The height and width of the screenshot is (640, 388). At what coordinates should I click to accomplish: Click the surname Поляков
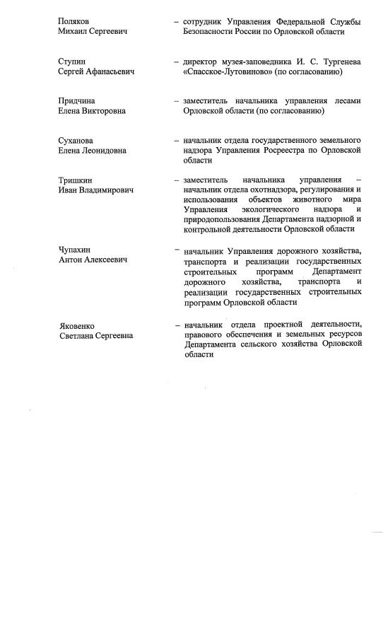coord(74,22)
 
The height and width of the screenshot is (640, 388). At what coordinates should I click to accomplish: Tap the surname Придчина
coord(76,101)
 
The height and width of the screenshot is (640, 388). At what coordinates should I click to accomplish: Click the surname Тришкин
coord(75,180)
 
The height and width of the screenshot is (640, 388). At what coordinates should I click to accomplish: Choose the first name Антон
coord(71,260)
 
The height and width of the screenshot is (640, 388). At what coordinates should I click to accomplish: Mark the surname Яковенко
coord(78,325)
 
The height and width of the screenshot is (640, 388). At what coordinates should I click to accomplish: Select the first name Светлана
coord(79,335)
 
